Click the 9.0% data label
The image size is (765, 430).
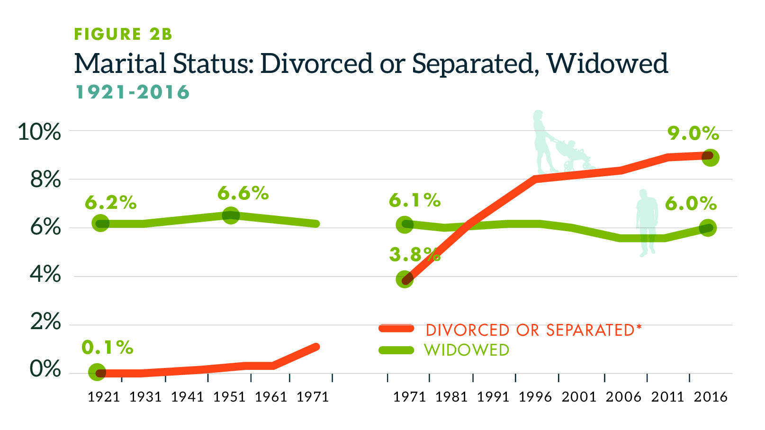[693, 134]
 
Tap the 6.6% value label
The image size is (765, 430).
[243, 193]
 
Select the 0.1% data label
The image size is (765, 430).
[107, 348]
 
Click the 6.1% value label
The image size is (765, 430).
[414, 201]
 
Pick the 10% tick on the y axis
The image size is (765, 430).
[39, 132]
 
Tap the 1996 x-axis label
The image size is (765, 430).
[535, 397]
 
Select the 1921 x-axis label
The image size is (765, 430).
[104, 397]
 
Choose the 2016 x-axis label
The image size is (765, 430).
[710, 397]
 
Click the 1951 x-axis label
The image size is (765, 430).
[229, 397]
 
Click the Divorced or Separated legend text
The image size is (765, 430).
[533, 330]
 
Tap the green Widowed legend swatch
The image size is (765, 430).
[396, 350]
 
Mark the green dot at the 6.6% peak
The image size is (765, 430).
[231, 215]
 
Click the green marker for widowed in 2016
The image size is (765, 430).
[708, 228]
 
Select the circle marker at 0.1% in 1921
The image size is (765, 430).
[97, 372]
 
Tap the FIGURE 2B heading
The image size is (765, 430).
[123, 34]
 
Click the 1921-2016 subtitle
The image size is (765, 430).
[133, 92]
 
